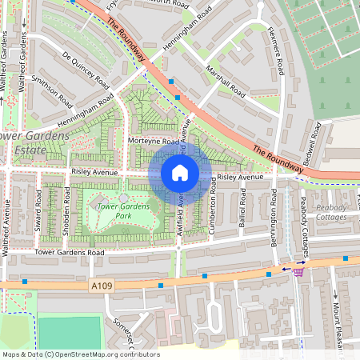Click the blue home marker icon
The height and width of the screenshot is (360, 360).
tap(180, 173)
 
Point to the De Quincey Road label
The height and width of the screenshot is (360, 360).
tap(85, 69)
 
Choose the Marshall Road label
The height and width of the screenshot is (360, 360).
tap(226, 82)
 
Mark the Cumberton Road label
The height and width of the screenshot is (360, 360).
tap(213, 212)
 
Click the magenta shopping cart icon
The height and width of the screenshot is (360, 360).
tap(298, 271)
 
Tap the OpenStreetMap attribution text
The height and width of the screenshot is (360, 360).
tap(80, 354)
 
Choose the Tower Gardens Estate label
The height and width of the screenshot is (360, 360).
tap(24, 142)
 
